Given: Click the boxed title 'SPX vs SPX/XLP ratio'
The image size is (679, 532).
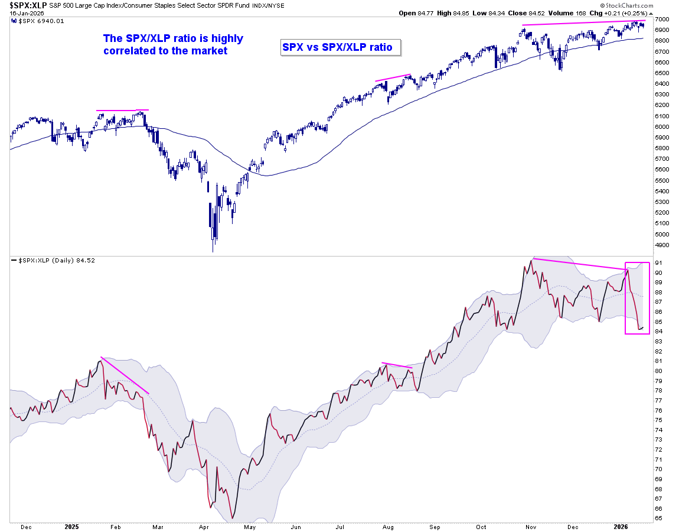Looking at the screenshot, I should point(337,47).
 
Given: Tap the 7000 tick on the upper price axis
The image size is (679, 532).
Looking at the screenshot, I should point(661,19).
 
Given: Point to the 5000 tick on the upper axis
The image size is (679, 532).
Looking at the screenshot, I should point(661,234).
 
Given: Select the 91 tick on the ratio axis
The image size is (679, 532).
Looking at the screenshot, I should point(658,262).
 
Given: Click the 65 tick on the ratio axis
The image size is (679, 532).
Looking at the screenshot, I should point(658,518).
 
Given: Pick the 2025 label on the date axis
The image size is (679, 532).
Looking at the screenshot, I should point(72,526).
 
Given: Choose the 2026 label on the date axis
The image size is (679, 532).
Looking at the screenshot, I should point(620,526).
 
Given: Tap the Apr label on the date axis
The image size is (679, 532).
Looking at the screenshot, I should point(204,526).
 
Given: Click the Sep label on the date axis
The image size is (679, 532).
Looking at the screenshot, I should point(435,526).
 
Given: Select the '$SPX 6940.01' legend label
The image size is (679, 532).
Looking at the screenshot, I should point(34,21).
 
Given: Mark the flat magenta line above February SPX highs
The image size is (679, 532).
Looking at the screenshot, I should point(122,110).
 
